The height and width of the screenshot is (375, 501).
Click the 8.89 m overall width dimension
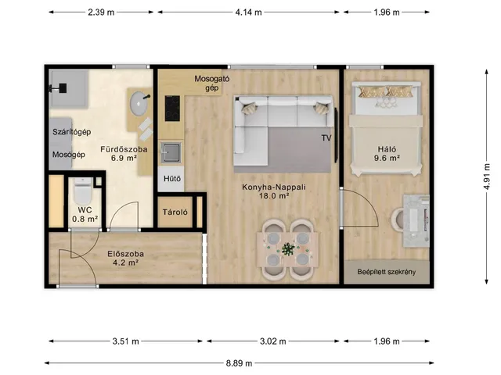(239, 362)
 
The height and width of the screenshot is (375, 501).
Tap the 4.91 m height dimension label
(487, 177)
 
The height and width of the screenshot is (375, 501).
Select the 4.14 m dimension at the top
(248, 12)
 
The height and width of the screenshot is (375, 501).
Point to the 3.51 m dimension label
(125, 341)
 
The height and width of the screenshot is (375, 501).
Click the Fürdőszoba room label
(124, 149)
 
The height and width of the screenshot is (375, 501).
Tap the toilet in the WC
(83, 191)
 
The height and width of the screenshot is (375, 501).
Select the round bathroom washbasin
(139, 103)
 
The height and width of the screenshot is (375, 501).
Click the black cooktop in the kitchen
(172, 109)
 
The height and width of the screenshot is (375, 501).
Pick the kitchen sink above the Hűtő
(171, 153)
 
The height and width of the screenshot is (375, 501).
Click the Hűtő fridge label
(172, 179)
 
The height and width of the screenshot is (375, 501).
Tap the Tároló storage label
(175, 212)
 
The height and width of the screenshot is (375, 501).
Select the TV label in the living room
(326, 138)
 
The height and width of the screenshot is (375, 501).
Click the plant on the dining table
(288, 249)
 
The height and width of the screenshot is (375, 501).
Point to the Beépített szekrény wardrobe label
(387, 272)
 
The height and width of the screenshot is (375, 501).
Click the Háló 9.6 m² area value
(387, 158)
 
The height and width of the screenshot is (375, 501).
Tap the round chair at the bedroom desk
(398, 219)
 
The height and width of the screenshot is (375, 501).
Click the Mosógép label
(69, 155)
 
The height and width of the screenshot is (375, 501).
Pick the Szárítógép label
(72, 132)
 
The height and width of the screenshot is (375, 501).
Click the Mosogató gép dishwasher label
(212, 84)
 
